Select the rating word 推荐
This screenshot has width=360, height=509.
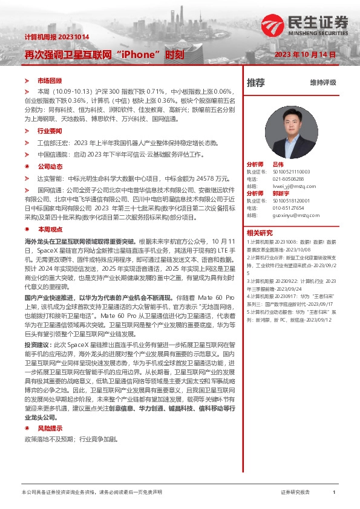[255, 82]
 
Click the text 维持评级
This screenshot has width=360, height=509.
[323, 82]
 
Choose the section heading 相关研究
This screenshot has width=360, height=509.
[260, 232]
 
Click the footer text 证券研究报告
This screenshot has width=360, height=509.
[295, 493]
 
